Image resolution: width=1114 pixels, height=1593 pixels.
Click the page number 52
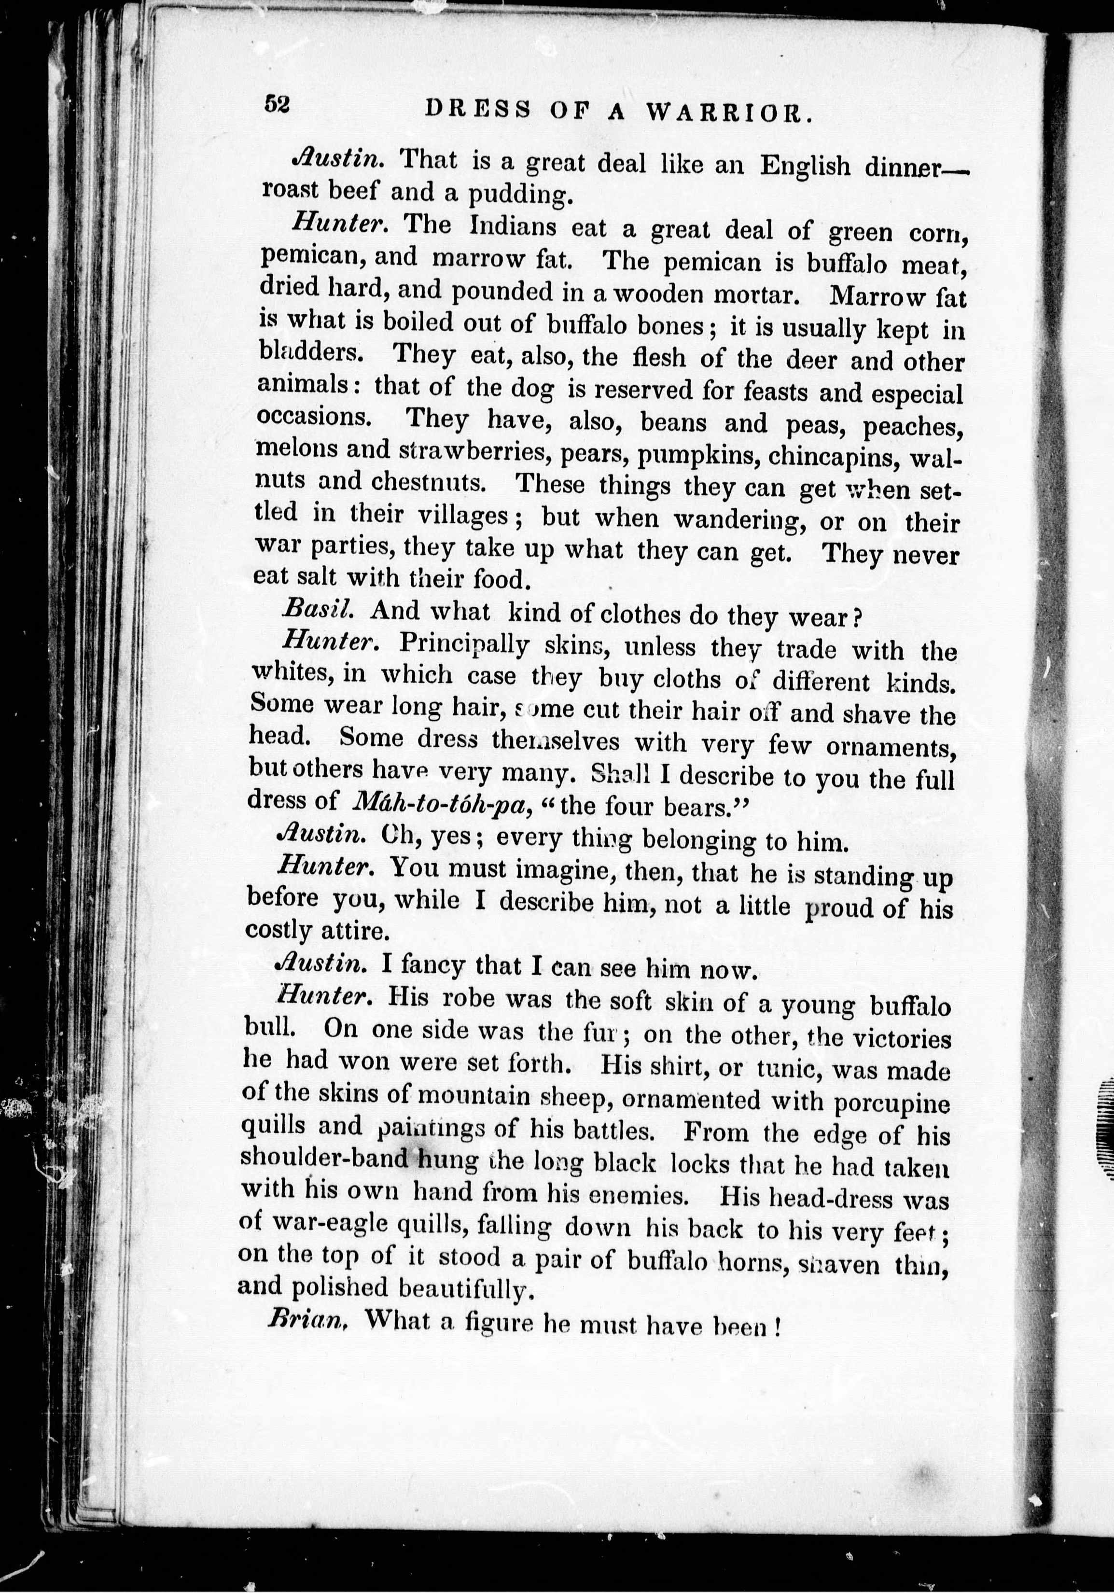[x=276, y=105]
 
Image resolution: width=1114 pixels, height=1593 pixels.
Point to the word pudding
[x=519, y=196]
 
